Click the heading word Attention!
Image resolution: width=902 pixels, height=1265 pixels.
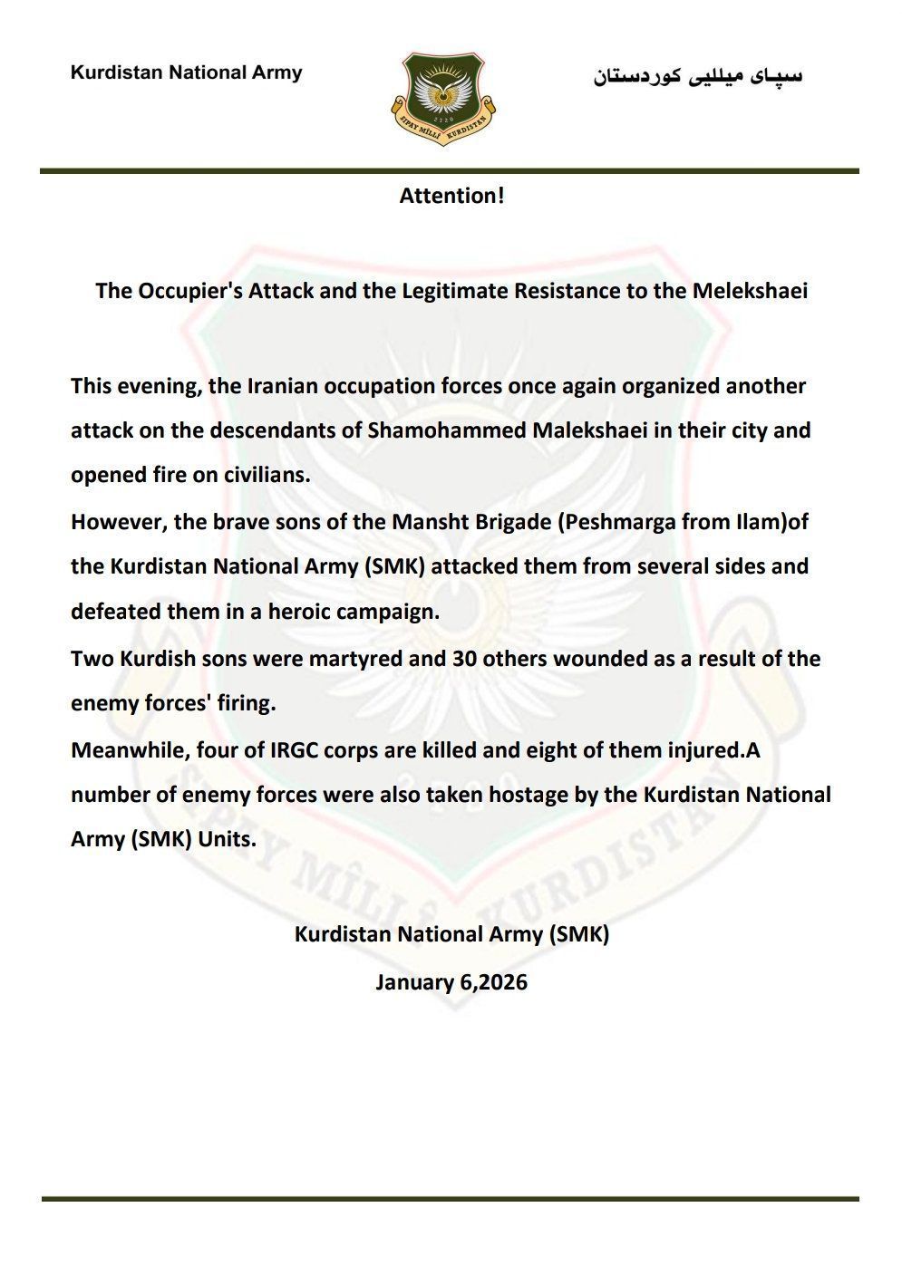pyautogui.click(x=451, y=196)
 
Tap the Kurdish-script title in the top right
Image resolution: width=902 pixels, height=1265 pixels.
pyautogui.click(x=698, y=75)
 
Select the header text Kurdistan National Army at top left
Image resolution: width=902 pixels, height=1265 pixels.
pyautogui.click(x=186, y=72)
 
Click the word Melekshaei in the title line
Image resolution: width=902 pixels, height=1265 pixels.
pyautogui.click(x=750, y=292)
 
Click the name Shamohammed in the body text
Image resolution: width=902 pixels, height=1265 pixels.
pyautogui.click(x=431, y=430)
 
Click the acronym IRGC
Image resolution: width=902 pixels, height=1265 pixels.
pyautogui.click(x=271, y=750)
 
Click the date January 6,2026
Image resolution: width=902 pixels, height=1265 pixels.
pyautogui.click(x=451, y=982)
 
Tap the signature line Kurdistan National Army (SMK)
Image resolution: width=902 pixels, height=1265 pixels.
pyautogui.click(x=451, y=934)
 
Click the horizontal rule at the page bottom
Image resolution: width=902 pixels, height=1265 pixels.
pyautogui.click(x=450, y=1199)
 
